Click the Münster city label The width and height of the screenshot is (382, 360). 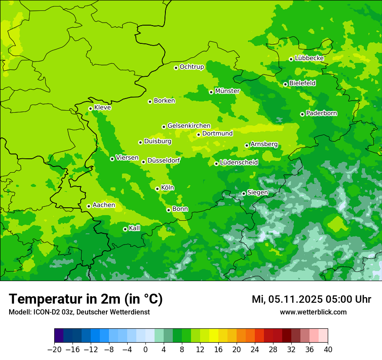point(227,91)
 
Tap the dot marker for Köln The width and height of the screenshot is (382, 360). point(157,189)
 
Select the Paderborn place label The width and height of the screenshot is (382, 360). point(322,113)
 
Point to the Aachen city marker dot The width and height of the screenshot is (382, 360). point(89,206)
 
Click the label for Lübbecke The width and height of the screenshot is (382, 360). point(310,58)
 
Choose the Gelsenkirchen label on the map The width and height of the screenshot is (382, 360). point(189,126)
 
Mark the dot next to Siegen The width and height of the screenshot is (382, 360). point(244,193)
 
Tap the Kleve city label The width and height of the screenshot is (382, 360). point(102,108)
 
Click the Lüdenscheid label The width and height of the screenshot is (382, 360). point(239,163)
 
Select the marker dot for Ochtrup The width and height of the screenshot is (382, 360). point(176,68)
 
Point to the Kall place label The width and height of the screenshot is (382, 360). point(135,228)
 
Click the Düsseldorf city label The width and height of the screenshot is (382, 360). point(164,160)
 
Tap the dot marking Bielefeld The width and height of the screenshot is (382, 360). point(285,84)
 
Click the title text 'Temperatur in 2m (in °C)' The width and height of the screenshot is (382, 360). point(86,299)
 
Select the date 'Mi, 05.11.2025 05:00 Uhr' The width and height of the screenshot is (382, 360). point(311,299)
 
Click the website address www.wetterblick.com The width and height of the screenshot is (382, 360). point(313,312)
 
